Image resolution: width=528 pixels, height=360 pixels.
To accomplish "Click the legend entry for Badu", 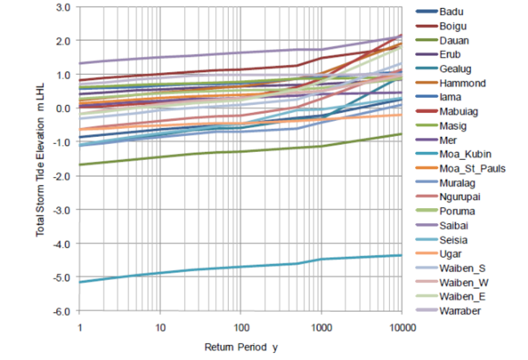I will click(451, 12).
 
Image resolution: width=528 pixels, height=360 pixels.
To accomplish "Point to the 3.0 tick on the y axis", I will click(62, 7).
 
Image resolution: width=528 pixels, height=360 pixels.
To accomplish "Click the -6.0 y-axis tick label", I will click(60, 311).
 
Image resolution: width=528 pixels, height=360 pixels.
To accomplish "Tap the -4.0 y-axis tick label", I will click(60, 243).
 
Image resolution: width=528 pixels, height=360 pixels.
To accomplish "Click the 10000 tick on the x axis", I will click(400, 327).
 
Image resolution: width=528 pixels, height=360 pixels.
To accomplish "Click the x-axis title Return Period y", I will click(240, 348).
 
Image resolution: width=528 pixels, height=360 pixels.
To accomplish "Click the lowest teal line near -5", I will click(216, 268).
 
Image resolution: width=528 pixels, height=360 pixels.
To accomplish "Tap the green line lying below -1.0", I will click(216, 152).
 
